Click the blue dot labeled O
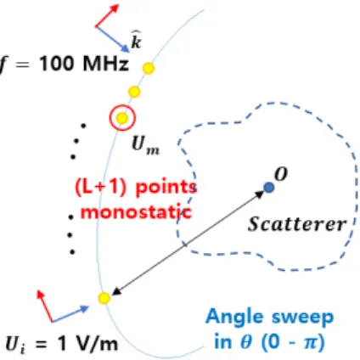coord(268,188)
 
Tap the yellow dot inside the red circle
coord(122,118)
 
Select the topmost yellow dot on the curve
coord(149,68)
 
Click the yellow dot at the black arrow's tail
coord(104,298)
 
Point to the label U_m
coord(145,147)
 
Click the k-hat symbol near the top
coord(136,40)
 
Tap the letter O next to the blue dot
coord(281,174)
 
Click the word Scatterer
coord(297,224)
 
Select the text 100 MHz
coord(84,64)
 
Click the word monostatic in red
coord(137,212)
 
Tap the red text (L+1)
coord(100,188)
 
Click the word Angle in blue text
coord(235,317)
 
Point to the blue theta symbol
coord(245,342)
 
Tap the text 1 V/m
coord(87,344)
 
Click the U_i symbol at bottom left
coord(15,345)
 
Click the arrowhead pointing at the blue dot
coord(260,194)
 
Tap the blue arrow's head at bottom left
coord(85,308)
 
